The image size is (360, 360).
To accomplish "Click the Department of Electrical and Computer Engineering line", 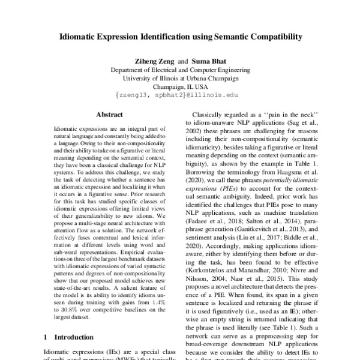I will pos(181,69).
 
